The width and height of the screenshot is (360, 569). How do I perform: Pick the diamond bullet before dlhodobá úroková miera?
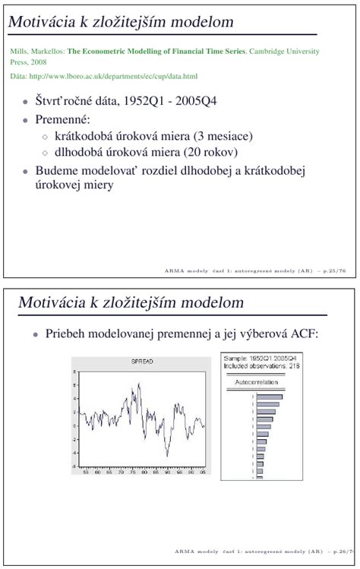(x=44, y=153)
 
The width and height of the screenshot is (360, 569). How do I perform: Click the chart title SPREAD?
(x=142, y=362)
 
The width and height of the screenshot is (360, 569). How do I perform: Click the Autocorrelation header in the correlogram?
(x=256, y=382)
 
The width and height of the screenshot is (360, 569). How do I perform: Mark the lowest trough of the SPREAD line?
(x=167, y=456)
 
